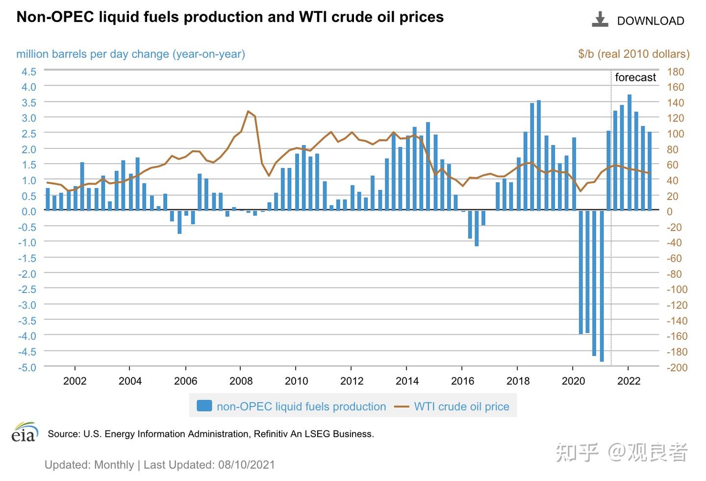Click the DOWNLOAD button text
pyautogui.click(x=650, y=21)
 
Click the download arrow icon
pyautogui.click(x=600, y=20)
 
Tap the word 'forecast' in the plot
pyautogui.click(x=635, y=77)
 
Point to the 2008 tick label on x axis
pyautogui.click(x=241, y=381)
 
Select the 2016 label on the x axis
pyautogui.click(x=462, y=381)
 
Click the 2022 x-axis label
pyautogui.click(x=629, y=381)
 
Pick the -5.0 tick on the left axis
pyautogui.click(x=27, y=367)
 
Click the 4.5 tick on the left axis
pyautogui.click(x=28, y=72)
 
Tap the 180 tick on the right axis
pyautogui.click(x=676, y=72)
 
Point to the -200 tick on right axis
pyautogui.click(x=677, y=367)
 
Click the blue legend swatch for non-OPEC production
pyautogui.click(x=204, y=406)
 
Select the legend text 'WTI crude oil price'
pyautogui.click(x=461, y=407)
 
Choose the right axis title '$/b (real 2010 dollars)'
pyautogui.click(x=633, y=54)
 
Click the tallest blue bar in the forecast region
pyautogui.click(x=629, y=152)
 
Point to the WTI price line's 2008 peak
pyautogui.click(x=248, y=111)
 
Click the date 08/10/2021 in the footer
pyautogui.click(x=247, y=465)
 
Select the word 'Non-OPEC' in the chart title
pyautogui.click(x=55, y=17)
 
